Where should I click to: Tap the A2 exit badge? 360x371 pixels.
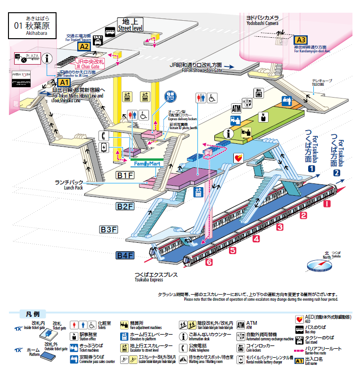[84, 46]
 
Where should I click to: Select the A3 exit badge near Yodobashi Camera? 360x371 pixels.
[301, 40]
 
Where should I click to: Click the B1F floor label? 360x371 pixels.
[126, 176]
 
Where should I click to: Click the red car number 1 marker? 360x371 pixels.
[327, 204]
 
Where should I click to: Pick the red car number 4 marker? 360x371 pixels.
[256, 239]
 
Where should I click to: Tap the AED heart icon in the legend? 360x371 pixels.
[298, 319]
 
